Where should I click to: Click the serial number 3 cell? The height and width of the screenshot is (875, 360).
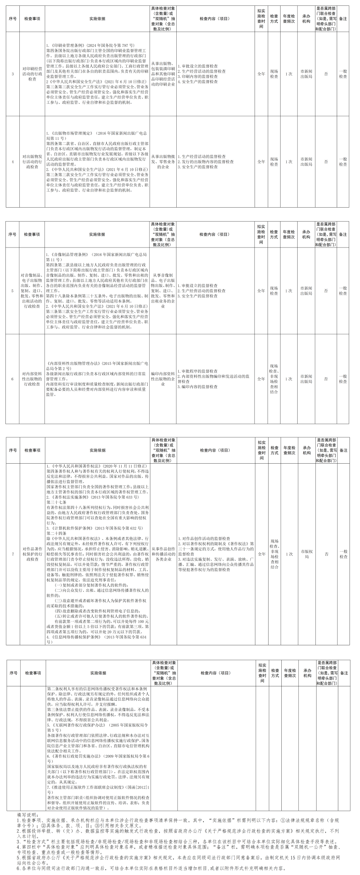(13, 74)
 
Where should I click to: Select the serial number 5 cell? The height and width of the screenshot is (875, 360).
(13, 290)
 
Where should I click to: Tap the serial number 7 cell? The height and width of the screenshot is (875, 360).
(13, 554)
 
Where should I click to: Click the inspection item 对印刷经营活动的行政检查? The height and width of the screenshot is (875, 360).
(32, 74)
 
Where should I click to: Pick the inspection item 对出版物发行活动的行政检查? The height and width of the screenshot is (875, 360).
(32, 162)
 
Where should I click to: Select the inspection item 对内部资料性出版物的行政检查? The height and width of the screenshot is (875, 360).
(32, 379)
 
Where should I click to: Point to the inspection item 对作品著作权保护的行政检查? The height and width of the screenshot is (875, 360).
(32, 554)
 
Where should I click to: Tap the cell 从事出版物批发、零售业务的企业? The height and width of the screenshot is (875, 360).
(163, 162)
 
